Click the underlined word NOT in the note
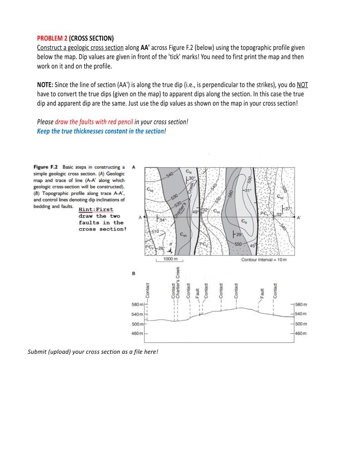point(302,85)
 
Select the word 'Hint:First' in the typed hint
point(96,209)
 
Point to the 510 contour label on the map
point(154,231)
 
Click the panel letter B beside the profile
point(133,273)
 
